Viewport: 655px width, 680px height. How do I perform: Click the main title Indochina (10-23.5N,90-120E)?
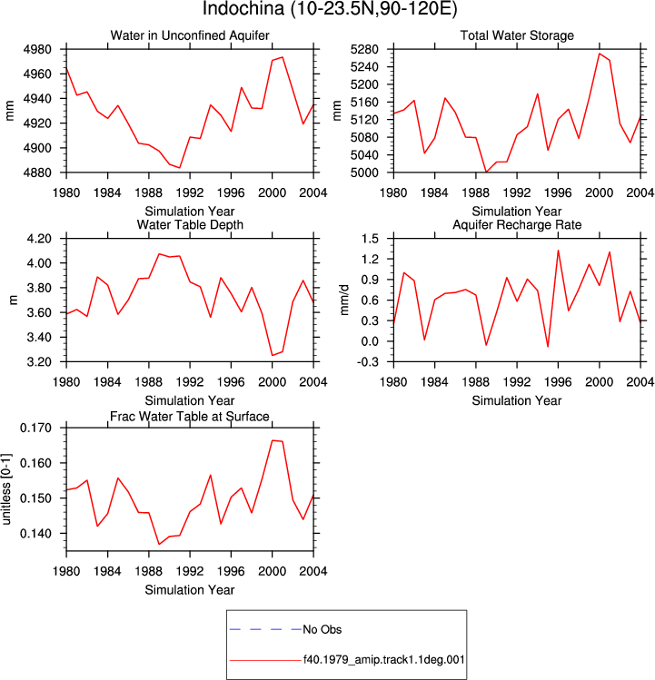pos(330,9)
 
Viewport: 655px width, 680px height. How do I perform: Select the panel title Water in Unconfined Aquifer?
pos(190,35)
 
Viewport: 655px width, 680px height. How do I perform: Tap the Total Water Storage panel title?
pos(517,35)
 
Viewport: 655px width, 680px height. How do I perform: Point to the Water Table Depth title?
pos(190,224)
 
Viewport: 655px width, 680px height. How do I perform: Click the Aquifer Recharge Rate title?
pos(517,224)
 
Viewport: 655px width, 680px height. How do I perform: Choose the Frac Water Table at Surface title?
pos(190,417)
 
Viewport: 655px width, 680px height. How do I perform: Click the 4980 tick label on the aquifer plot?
pos(37,49)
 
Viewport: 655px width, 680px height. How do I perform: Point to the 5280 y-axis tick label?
pos(364,49)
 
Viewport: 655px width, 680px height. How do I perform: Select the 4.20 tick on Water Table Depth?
pos(39,239)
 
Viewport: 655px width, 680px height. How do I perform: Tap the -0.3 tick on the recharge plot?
pos(368,361)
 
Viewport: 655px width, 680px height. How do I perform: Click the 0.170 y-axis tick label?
pos(35,428)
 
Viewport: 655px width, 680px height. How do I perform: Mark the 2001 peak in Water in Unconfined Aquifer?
pos(283,57)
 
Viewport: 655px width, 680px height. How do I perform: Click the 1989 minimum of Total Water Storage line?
pos(487,172)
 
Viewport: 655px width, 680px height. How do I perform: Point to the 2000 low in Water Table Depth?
pos(273,356)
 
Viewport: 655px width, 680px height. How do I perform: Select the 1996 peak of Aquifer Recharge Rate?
pos(558,251)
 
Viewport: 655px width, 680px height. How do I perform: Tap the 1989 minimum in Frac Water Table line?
pos(159,544)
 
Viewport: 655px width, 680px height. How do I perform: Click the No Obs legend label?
pos(323,629)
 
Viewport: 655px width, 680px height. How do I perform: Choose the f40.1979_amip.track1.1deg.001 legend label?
pos(383,660)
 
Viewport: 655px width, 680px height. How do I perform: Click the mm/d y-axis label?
pos(344,301)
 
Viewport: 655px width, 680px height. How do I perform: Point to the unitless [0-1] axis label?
pos(6,489)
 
